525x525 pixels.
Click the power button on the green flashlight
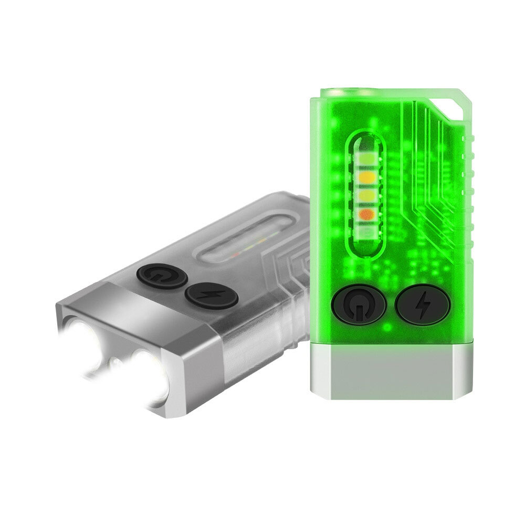click(x=359, y=303)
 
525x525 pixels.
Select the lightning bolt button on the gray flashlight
click(x=211, y=296)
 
